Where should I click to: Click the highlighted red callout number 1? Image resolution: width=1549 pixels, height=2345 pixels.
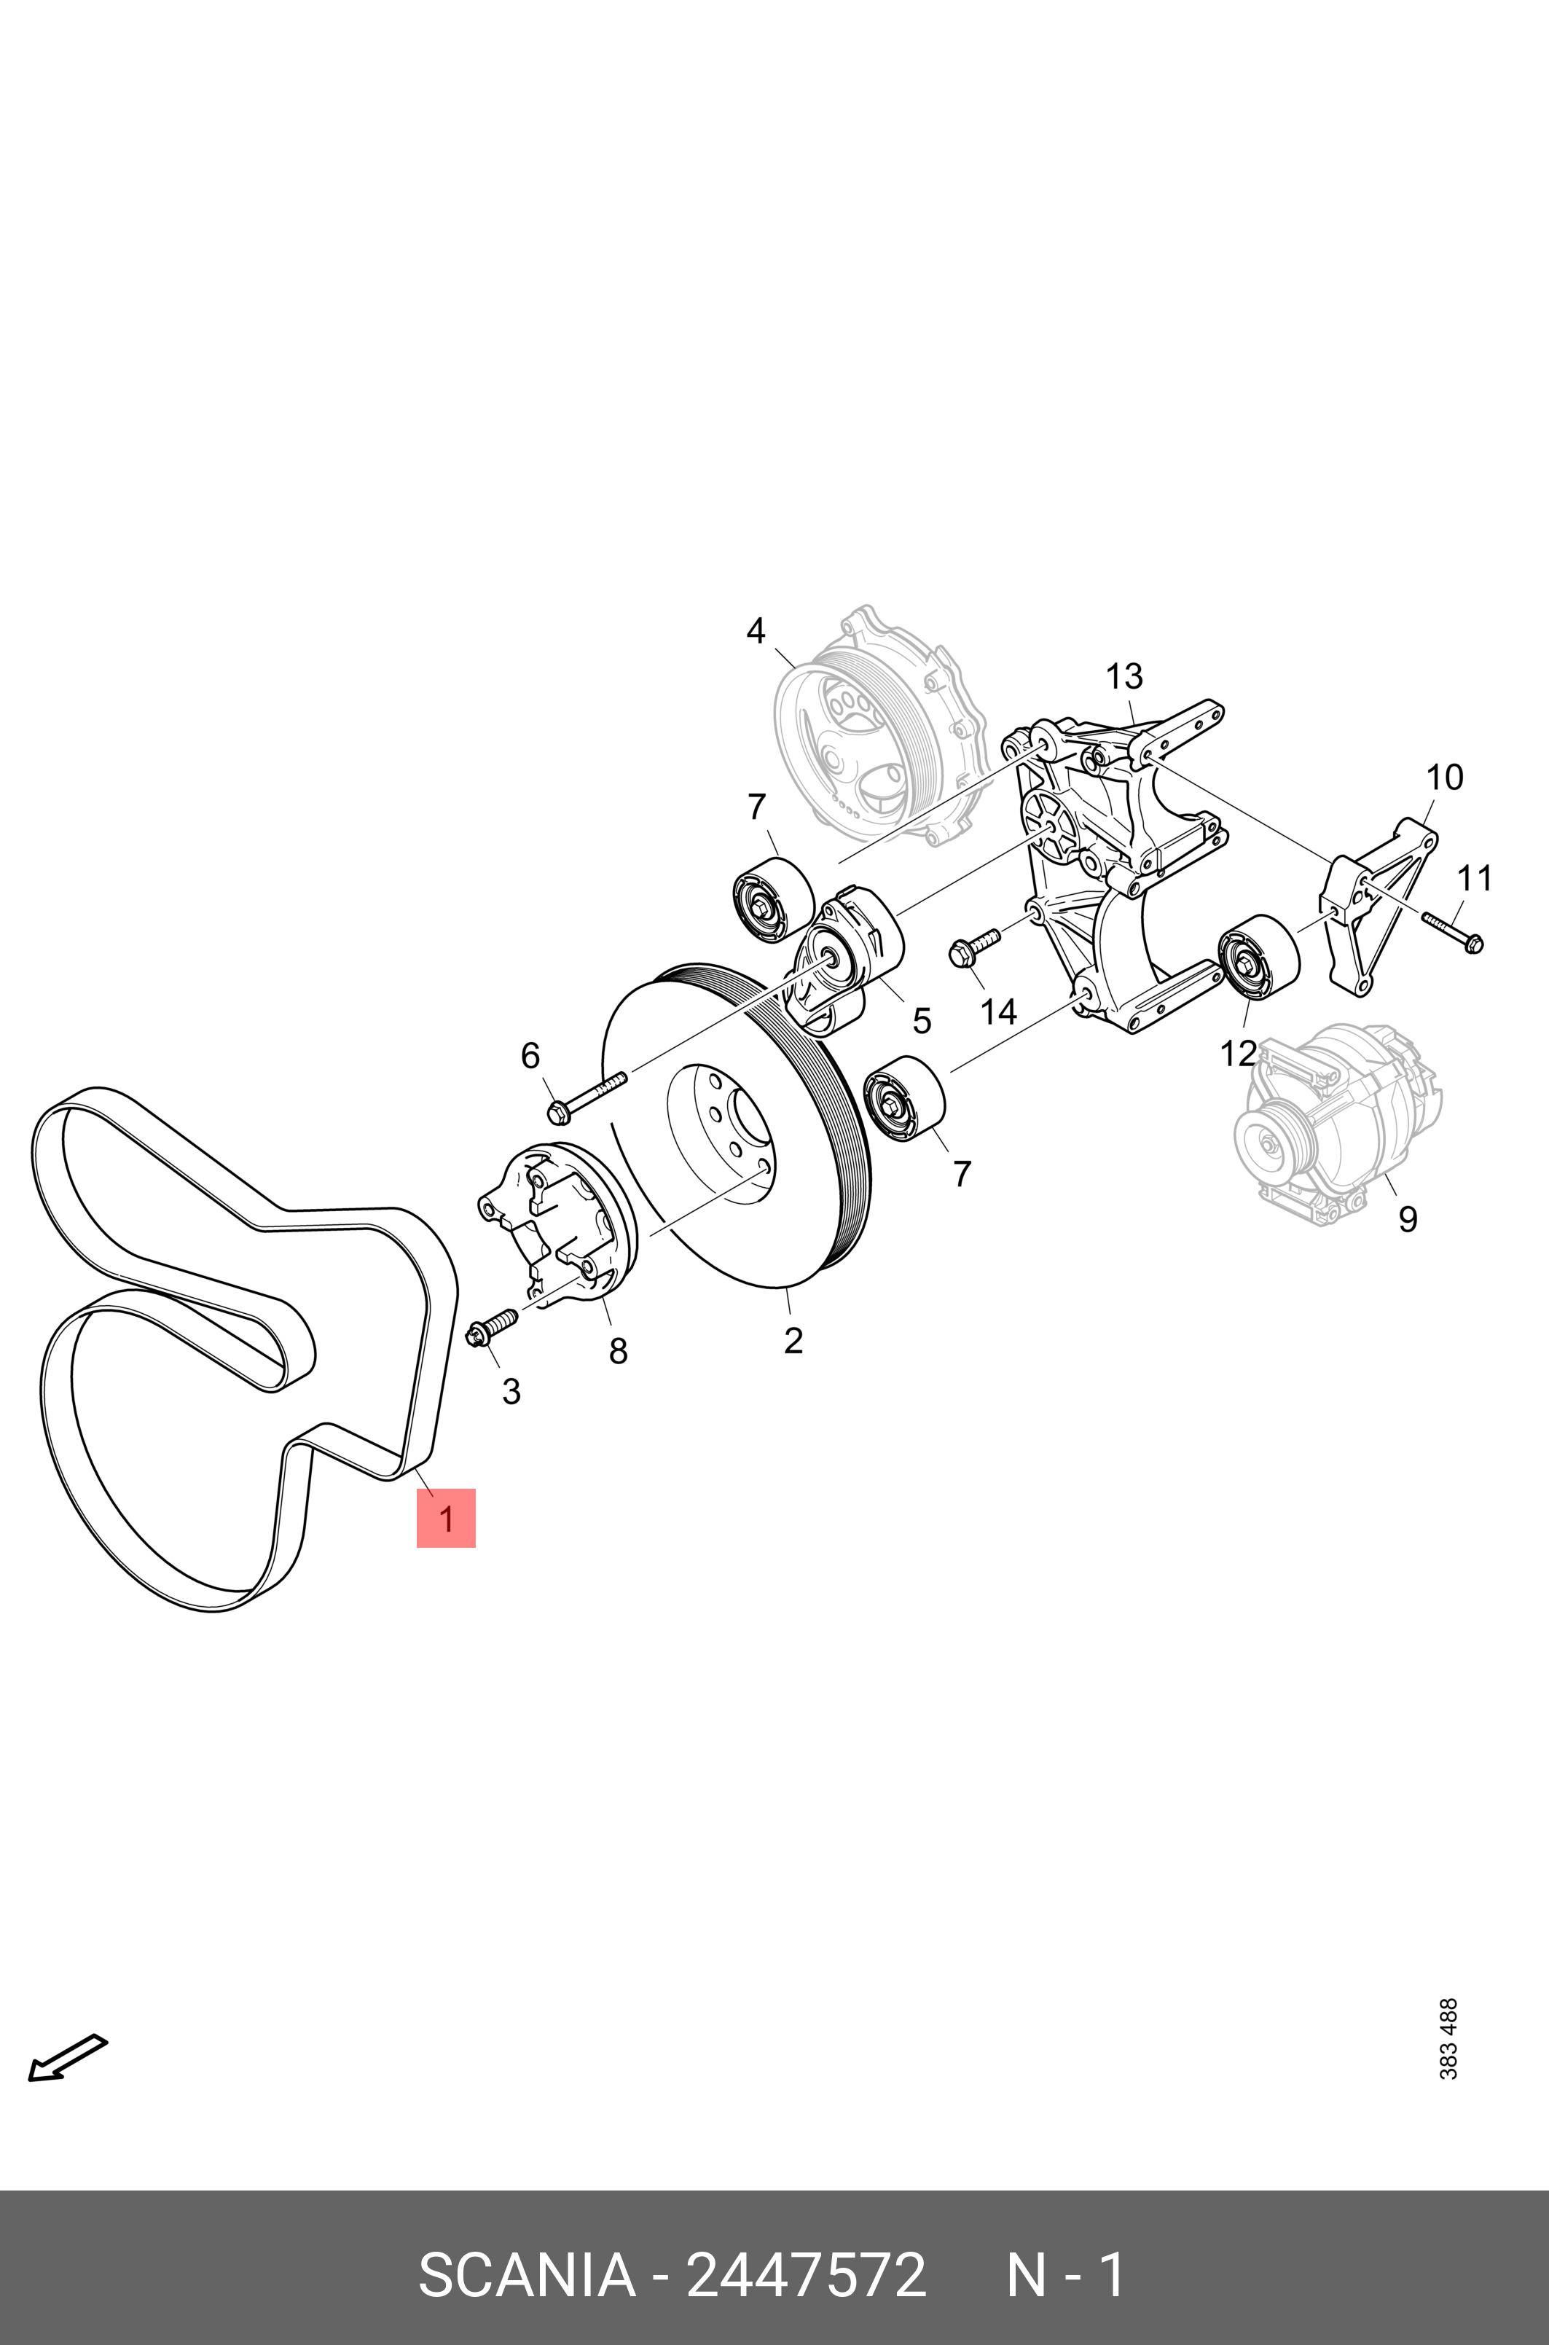coord(445,1518)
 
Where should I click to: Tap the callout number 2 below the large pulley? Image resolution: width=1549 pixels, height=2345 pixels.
coord(792,1340)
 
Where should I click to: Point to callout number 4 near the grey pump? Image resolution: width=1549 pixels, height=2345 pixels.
coord(756,630)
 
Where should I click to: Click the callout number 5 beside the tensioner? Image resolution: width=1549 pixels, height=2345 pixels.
coord(921,1020)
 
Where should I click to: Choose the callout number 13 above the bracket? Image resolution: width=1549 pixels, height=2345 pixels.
coord(1124,677)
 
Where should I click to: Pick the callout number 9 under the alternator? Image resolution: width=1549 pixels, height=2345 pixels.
coord(1408,1219)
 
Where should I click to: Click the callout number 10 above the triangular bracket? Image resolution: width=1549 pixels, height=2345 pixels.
coord(1444,778)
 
